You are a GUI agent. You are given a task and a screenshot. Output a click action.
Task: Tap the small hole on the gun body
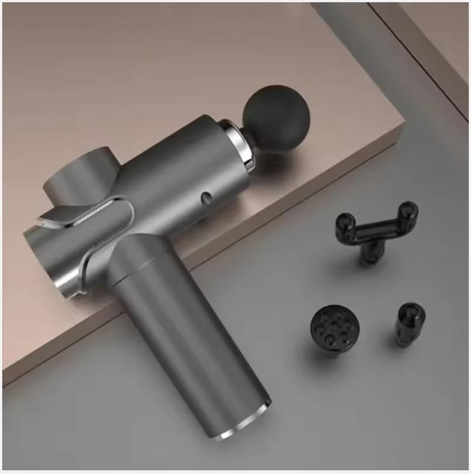click(x=206, y=198)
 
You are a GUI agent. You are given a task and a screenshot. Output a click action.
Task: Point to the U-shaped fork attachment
click(x=374, y=230)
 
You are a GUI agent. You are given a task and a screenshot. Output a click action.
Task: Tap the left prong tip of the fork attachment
click(x=345, y=221)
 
